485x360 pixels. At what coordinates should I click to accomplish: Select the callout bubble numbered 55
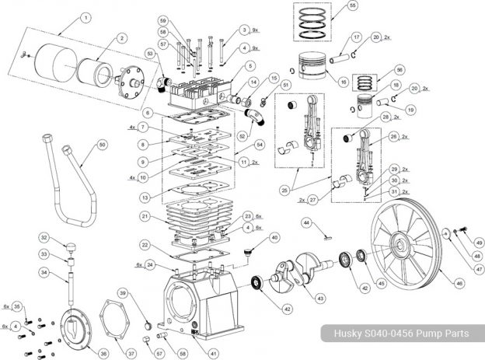click(x=353, y=6)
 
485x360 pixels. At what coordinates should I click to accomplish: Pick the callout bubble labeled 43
click(x=320, y=298)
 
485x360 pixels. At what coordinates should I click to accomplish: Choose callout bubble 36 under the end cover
click(x=101, y=352)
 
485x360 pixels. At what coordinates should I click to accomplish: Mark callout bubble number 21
click(x=145, y=215)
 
